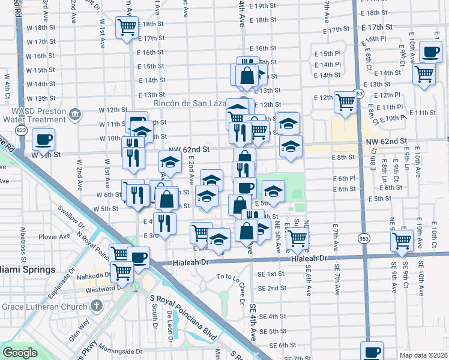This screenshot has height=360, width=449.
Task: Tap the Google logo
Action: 20,353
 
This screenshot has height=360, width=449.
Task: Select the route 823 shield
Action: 22,130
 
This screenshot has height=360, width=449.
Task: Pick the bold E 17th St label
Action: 376,28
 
